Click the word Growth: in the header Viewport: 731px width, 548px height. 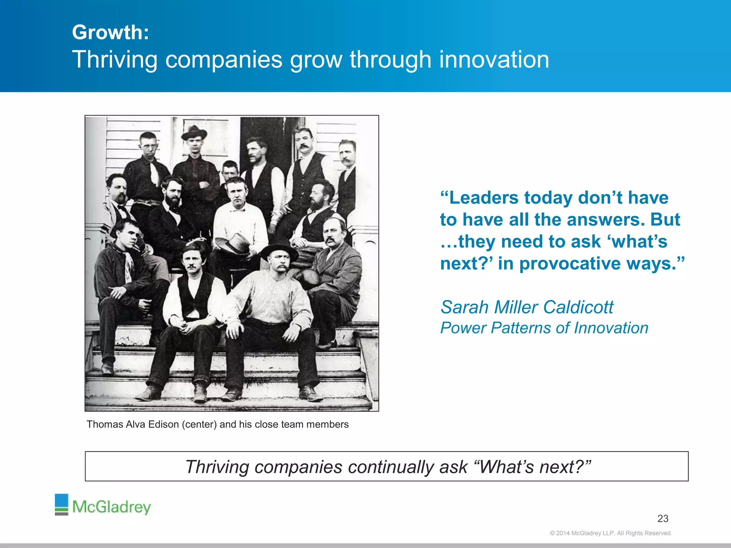tap(110, 32)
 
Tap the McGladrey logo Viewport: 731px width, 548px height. tap(103, 505)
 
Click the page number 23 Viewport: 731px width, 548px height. tap(663, 518)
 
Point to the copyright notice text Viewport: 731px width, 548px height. tap(611, 533)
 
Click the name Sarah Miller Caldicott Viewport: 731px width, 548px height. tap(527, 307)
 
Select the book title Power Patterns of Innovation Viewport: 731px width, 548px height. tap(544, 328)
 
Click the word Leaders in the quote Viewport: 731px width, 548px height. tap(483, 198)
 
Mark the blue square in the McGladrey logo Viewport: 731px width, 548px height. tap(61, 501)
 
